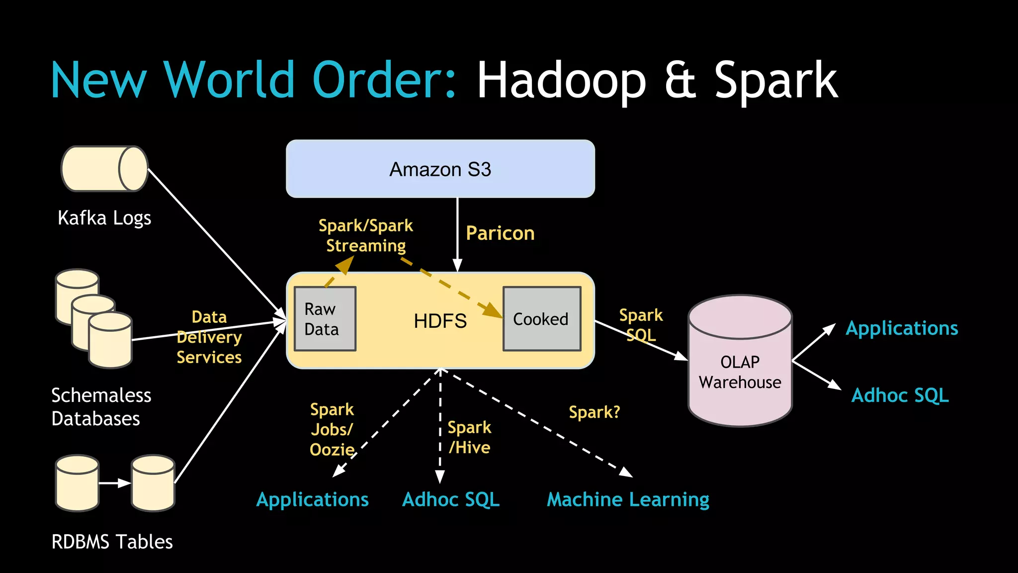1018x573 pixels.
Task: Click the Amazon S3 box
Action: (440, 169)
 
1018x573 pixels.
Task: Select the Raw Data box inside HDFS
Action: (325, 319)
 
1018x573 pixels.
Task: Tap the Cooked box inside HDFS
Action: (541, 319)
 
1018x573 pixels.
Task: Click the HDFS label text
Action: (440, 321)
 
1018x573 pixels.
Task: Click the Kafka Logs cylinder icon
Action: (104, 169)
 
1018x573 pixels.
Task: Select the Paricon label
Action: (500, 233)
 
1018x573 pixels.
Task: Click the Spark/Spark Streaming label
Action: (366, 235)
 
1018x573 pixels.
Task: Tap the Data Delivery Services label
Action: (209, 337)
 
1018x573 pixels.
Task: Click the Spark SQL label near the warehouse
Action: (641, 325)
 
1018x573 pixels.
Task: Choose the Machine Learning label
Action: (628, 499)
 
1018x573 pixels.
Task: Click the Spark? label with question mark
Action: (594, 412)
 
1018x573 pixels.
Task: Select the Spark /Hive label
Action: (469, 437)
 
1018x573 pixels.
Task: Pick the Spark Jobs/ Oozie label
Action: (332, 429)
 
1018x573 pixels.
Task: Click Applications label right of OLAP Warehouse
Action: (902, 328)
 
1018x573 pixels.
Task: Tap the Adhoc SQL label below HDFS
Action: (451, 499)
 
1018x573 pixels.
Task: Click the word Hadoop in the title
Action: (561, 81)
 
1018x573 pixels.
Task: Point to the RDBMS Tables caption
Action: (112, 542)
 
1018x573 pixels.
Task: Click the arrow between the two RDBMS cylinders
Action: (114, 483)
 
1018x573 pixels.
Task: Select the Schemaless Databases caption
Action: (101, 407)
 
